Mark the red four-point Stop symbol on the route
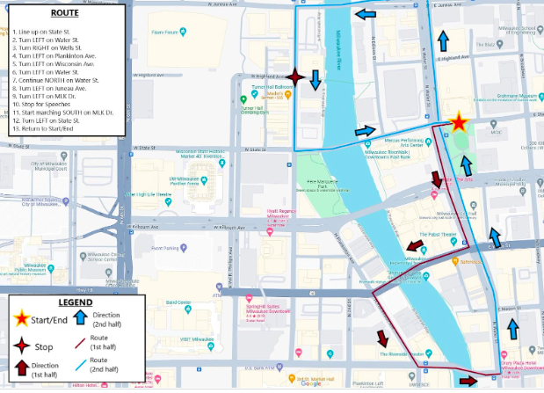(295, 79)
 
